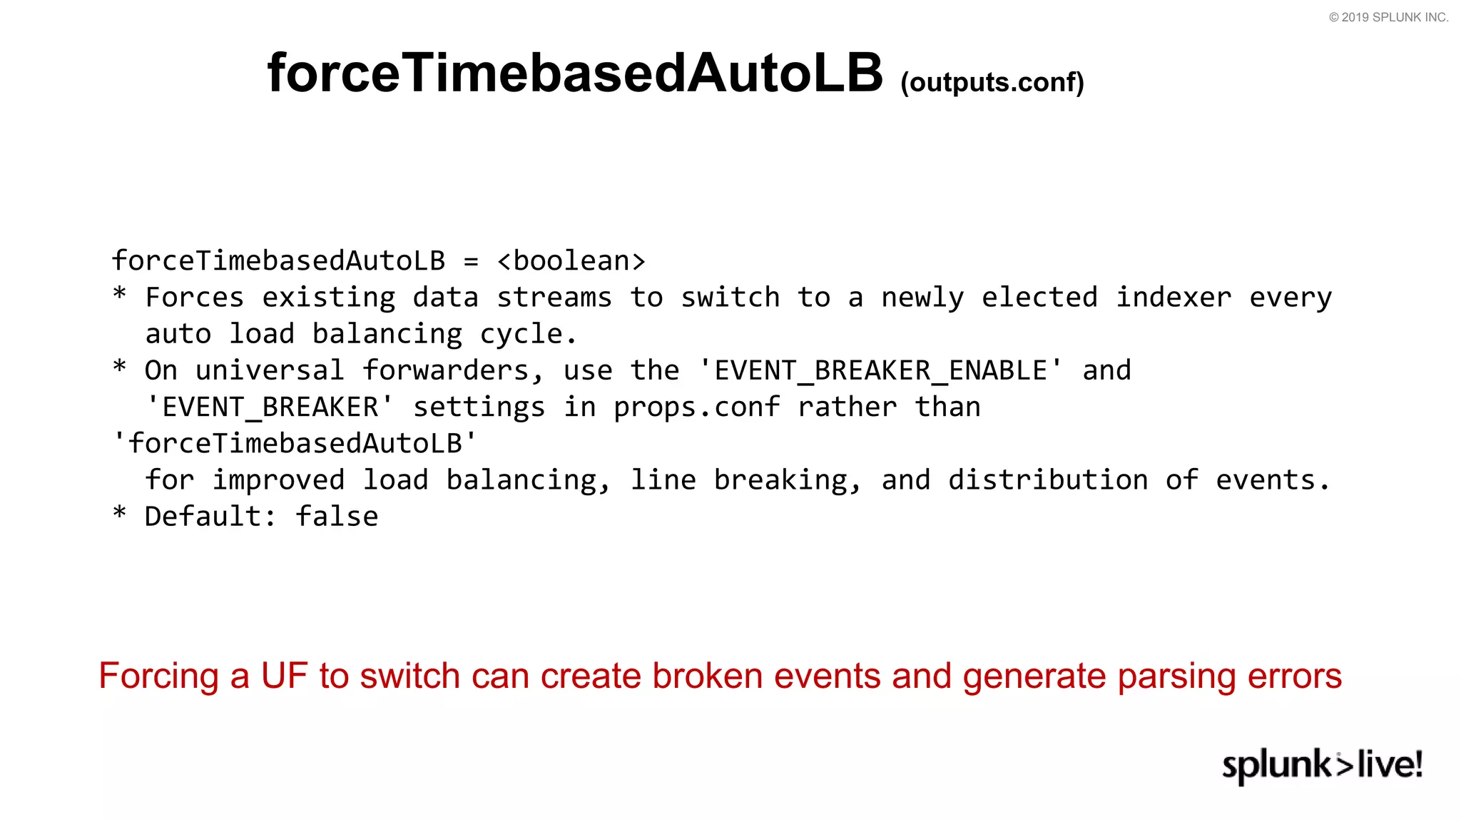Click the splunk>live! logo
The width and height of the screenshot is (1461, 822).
click(1322, 765)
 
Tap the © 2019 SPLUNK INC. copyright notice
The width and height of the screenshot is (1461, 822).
click(1388, 17)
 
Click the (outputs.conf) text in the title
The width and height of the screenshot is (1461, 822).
click(992, 83)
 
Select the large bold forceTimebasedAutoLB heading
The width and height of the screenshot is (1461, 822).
click(574, 73)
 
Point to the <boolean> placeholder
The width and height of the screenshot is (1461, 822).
click(571, 261)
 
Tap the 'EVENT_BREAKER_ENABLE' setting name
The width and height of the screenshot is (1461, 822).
click(881, 370)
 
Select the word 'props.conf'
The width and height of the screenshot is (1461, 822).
click(696, 407)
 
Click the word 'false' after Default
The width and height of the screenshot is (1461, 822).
click(337, 517)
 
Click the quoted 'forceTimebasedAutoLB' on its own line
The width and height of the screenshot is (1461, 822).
click(295, 444)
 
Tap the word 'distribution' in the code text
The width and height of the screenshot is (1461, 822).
click(1048, 480)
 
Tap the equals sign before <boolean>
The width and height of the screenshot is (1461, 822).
click(471, 261)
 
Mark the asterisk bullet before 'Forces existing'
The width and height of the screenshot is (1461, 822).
click(119, 295)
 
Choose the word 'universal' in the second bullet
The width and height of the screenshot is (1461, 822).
click(270, 370)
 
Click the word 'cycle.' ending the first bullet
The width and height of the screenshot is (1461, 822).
click(529, 335)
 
